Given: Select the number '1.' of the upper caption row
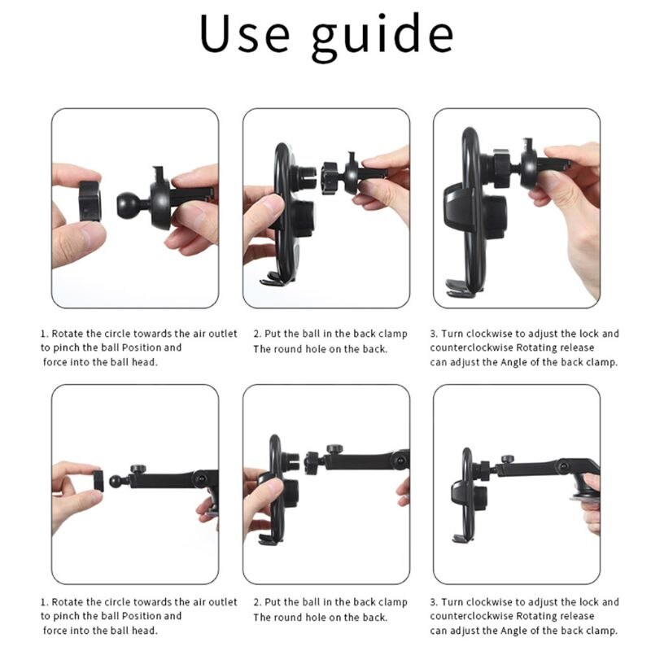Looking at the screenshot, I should tap(45, 333).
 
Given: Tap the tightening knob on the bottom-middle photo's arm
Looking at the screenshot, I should tap(334, 450).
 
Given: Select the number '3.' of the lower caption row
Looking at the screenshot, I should tap(435, 602).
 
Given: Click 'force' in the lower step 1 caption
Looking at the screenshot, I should tap(57, 631).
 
